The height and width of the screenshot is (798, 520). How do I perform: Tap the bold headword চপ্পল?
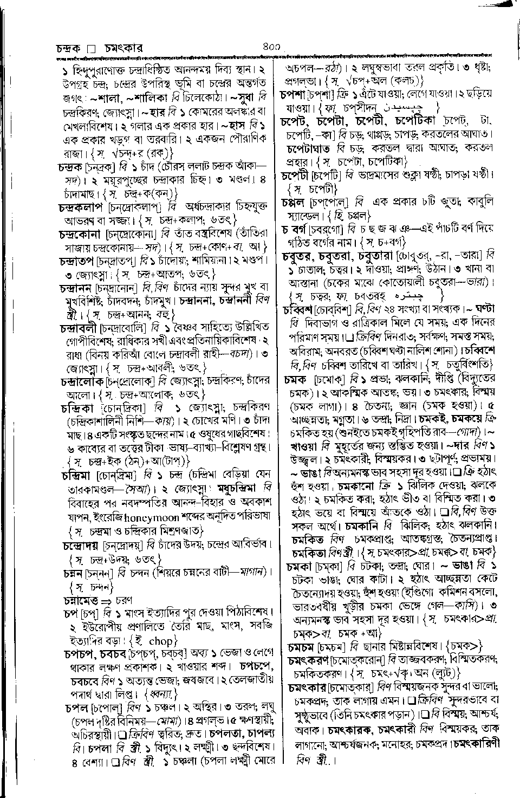click(296, 202)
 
